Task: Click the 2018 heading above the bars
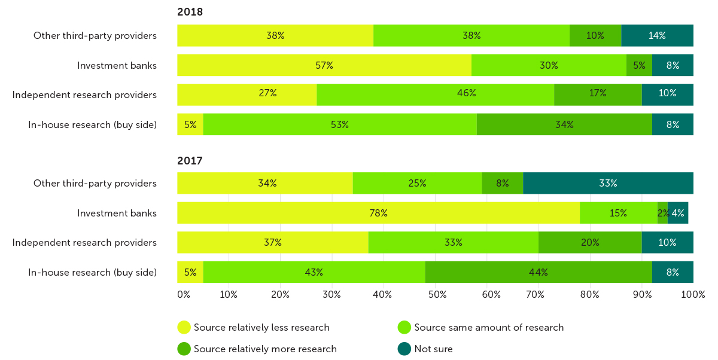[x=190, y=12]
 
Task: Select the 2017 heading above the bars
[x=190, y=160]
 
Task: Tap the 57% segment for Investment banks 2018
[x=324, y=65]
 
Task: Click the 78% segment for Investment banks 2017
[x=378, y=213]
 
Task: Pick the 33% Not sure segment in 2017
[x=608, y=183]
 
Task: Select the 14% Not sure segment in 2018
[x=657, y=35]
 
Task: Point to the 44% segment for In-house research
[x=538, y=272]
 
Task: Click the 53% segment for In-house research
[x=340, y=124]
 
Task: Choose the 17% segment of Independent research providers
[x=598, y=94]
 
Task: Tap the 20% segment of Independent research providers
[x=590, y=242]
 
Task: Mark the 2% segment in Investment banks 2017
[x=662, y=213]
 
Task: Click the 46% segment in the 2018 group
[x=435, y=94]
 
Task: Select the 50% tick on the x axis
[x=437, y=294]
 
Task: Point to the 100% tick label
[x=693, y=294]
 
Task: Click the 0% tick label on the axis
[x=183, y=294]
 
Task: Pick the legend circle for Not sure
[x=404, y=349]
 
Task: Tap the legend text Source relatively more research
[x=265, y=349]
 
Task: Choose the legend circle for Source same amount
[x=404, y=327]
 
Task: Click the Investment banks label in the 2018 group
[x=117, y=65]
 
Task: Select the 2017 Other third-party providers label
[x=95, y=183]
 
